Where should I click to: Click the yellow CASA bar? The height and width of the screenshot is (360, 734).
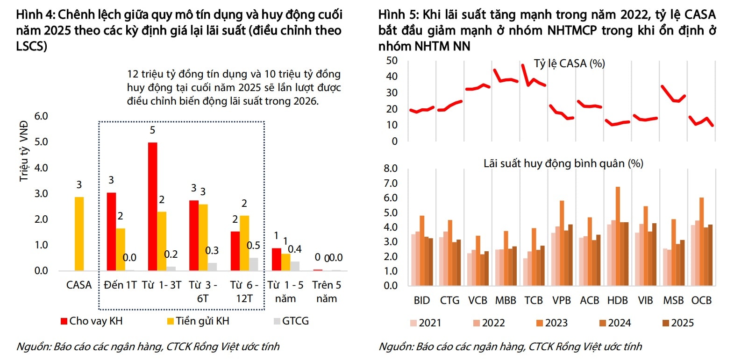click(x=79, y=233)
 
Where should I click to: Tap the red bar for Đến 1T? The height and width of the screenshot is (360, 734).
click(x=111, y=232)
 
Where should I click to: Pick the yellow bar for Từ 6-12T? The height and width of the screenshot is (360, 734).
click(x=244, y=243)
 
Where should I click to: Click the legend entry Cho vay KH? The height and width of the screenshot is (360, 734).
click(x=92, y=321)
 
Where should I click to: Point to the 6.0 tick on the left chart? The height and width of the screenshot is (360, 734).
click(x=41, y=116)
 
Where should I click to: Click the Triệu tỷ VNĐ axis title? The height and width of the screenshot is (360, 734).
click(x=24, y=151)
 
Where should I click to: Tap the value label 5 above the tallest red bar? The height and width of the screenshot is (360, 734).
click(x=152, y=130)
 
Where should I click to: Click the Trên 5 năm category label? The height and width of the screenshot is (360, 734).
click(x=327, y=292)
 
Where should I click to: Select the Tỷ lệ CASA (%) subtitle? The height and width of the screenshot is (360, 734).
click(x=569, y=64)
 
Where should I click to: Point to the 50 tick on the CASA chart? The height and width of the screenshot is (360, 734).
click(x=392, y=60)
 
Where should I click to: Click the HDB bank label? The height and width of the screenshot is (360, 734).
click(x=617, y=301)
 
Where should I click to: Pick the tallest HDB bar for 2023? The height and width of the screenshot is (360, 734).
click(x=618, y=236)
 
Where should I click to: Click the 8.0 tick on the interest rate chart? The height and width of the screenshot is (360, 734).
click(x=391, y=169)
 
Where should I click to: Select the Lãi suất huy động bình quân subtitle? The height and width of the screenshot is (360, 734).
click(x=563, y=163)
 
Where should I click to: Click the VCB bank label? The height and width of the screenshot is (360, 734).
click(x=477, y=301)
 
